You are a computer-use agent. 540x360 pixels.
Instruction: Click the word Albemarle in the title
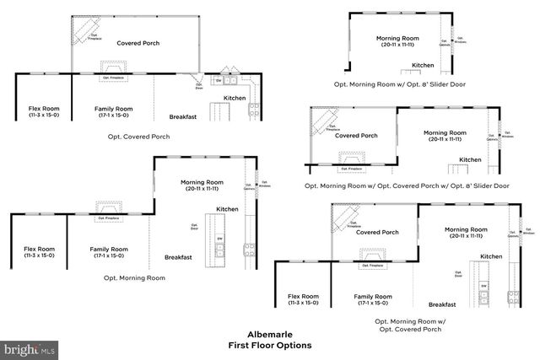pyautogui.click(x=269, y=334)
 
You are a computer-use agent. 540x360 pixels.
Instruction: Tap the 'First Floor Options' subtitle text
pyautogui.click(x=269, y=345)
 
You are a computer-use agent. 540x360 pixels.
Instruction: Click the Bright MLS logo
pyautogui.click(x=30, y=347)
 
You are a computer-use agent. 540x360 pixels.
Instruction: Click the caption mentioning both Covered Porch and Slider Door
pyautogui.click(x=406, y=185)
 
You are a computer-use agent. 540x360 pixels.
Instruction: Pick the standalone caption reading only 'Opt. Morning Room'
pyautogui.click(x=134, y=277)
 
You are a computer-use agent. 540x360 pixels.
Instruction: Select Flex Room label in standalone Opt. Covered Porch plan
pyautogui.click(x=43, y=108)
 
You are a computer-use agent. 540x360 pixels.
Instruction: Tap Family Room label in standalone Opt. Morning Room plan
pyautogui.click(x=109, y=250)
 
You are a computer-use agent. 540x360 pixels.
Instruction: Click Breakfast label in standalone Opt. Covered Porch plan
pyautogui.click(x=183, y=117)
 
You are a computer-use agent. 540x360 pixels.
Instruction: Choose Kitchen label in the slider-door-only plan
pyautogui.click(x=423, y=65)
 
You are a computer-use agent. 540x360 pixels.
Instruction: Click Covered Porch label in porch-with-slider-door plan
pyautogui.click(x=356, y=135)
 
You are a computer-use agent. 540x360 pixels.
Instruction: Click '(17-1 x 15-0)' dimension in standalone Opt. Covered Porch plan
pyautogui.click(x=112, y=115)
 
